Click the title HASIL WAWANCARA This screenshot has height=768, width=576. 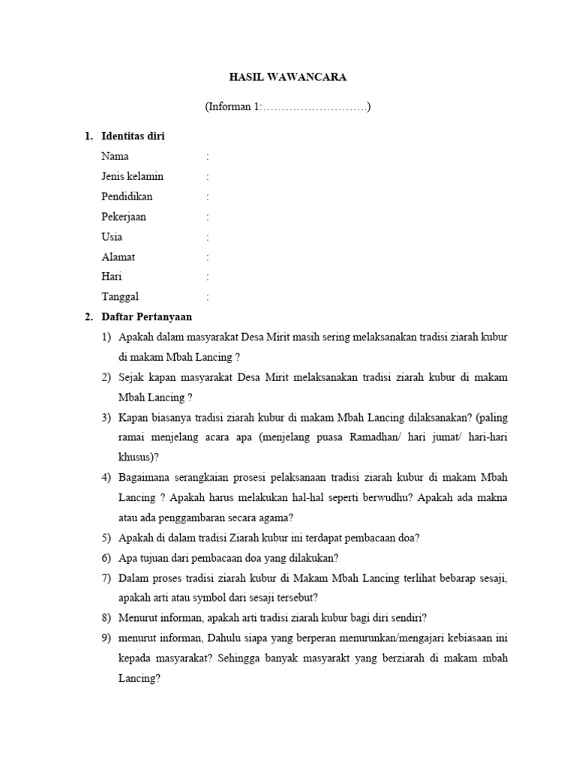point(288,77)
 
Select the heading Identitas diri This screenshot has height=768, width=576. point(133,136)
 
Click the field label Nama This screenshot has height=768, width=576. point(115,156)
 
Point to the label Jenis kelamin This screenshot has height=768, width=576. point(132,176)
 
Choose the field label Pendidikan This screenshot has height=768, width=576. point(127,196)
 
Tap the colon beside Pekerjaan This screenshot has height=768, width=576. point(207,217)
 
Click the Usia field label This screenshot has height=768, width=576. point(112,237)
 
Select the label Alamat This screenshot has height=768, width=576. point(118,256)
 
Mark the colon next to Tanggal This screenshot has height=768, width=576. point(207,297)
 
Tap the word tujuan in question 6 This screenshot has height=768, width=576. point(152,558)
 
